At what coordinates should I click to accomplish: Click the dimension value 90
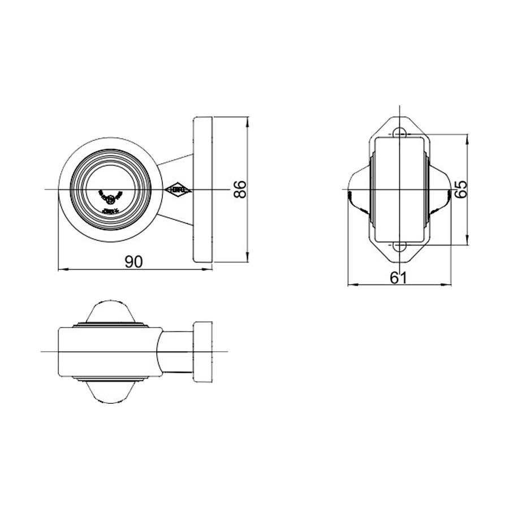(x=133, y=261)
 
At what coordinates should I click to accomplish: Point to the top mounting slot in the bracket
(x=400, y=132)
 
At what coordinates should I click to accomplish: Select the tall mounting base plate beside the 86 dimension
(x=203, y=189)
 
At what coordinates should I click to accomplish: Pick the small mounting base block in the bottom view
(x=203, y=352)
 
